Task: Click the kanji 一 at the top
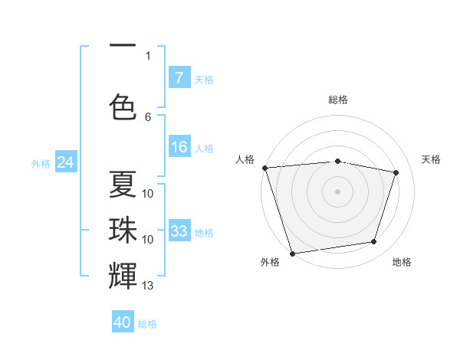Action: [x=123, y=47]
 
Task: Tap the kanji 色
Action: [x=123, y=106]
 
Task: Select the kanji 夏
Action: [x=123, y=184]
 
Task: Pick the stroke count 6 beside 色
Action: [x=148, y=116]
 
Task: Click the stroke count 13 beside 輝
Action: [x=148, y=286]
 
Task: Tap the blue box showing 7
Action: [x=179, y=77]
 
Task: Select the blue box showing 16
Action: [x=179, y=147]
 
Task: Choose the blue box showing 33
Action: [x=179, y=231]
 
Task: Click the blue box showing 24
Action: [x=65, y=162]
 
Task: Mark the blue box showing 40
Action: [x=123, y=322]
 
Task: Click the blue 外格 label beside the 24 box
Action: [x=40, y=163]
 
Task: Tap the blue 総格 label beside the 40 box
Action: [x=147, y=324]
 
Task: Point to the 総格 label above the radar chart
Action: [x=337, y=100]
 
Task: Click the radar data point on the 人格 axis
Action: [x=264, y=168]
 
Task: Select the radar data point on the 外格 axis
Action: [x=292, y=253]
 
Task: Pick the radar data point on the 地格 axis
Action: [x=374, y=242]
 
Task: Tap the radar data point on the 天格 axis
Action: [x=396, y=172]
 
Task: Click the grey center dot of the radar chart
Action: [x=337, y=191]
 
